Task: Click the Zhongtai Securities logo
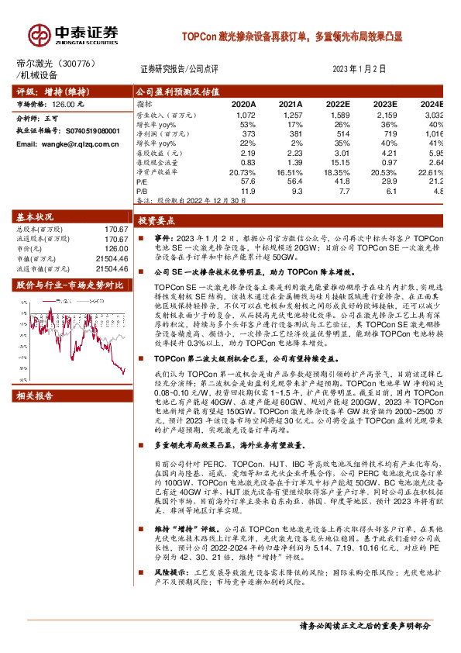click(x=74, y=34)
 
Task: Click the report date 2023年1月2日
click(x=358, y=68)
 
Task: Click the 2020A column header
click(x=243, y=104)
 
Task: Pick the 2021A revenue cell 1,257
click(x=290, y=114)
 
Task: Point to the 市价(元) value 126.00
click(x=115, y=249)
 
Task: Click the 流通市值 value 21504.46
click(x=112, y=268)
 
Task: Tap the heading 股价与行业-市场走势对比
click(x=60, y=285)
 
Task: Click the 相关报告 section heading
click(x=36, y=396)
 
